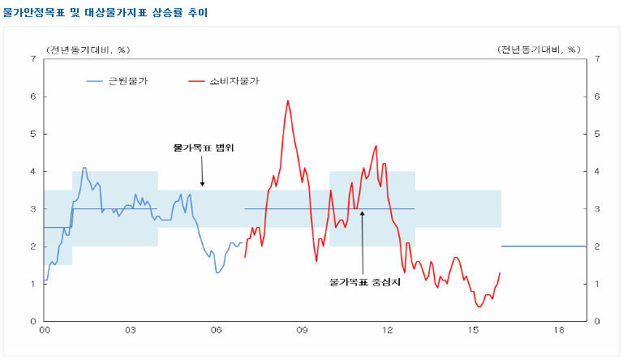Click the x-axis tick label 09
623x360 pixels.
(302, 332)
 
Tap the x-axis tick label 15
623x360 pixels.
(474, 332)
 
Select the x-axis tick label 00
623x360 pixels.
(45, 332)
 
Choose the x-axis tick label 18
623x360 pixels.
(559, 332)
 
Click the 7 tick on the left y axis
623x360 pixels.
(32, 59)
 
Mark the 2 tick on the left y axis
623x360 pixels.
(32, 246)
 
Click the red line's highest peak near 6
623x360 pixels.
(288, 101)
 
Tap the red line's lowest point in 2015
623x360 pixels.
(479, 306)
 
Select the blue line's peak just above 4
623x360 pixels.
(84, 168)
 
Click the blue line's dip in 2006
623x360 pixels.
(217, 272)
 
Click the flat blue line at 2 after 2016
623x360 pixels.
(544, 246)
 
